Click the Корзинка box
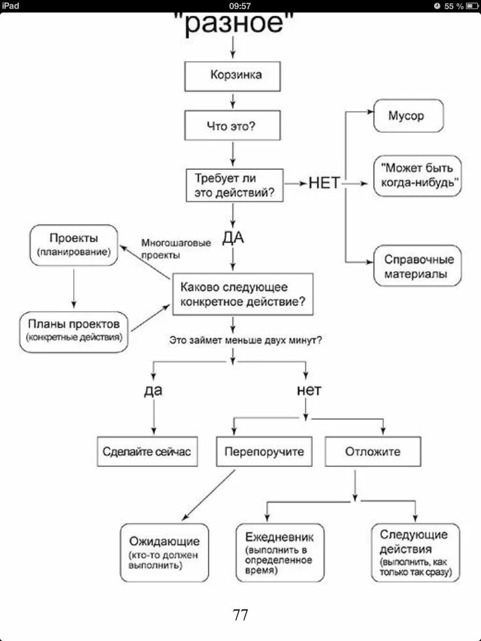pyautogui.click(x=233, y=76)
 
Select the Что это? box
pyautogui.click(x=233, y=125)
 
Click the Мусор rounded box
pyautogui.click(x=408, y=116)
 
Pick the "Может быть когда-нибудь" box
pyautogui.click(x=417, y=175)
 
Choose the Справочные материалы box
pyautogui.click(x=417, y=266)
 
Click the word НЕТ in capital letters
pyautogui.click(x=324, y=184)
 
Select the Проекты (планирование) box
pyautogui.click(x=74, y=244)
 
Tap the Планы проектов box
pyautogui.click(x=74, y=331)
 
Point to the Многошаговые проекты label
pyautogui.click(x=176, y=249)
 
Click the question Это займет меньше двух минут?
pyautogui.click(x=245, y=340)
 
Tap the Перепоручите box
pyautogui.click(x=264, y=452)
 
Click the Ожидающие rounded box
pyautogui.click(x=164, y=552)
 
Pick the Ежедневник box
pyautogui.click(x=280, y=552)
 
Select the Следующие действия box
pyautogui.click(x=414, y=552)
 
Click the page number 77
pyautogui.click(x=240, y=614)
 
